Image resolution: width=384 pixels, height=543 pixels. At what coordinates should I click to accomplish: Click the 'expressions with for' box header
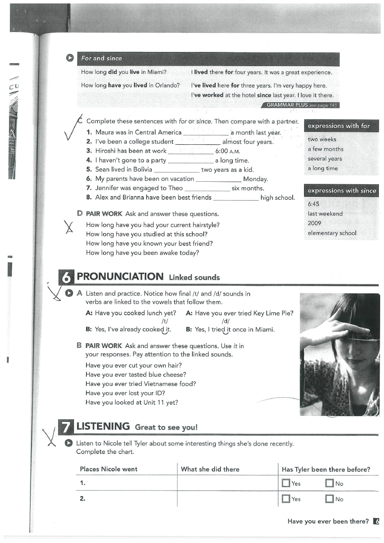[x=339, y=126]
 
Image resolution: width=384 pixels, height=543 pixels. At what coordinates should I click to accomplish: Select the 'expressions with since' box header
[x=342, y=191]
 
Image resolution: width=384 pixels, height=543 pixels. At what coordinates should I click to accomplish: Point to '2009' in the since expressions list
[x=314, y=223]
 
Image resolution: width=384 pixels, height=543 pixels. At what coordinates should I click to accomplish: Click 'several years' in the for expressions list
[x=325, y=159]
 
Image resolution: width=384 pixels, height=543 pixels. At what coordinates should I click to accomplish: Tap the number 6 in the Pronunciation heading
[x=66, y=278]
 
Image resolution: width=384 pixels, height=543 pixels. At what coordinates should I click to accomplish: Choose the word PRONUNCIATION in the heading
[x=120, y=277]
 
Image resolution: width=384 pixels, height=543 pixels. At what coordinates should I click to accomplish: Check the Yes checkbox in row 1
[x=286, y=483]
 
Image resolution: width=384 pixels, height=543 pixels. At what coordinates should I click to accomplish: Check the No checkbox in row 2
[x=330, y=499]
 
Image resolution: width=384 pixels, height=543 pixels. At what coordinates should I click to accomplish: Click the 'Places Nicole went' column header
[x=109, y=469]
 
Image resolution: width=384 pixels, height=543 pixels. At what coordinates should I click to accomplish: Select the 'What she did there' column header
[x=210, y=469]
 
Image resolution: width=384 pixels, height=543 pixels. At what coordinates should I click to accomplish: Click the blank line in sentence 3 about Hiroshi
[x=190, y=152]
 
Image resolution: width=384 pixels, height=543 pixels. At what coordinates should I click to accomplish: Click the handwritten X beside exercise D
[x=68, y=226]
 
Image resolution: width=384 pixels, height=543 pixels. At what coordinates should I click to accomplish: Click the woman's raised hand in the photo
[x=327, y=328]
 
